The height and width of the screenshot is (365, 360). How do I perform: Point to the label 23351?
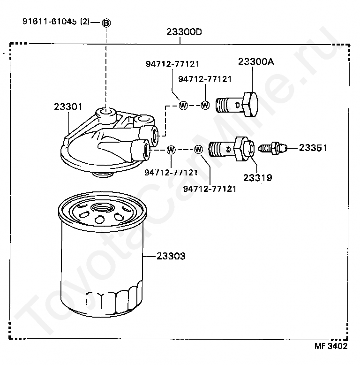point(313,148)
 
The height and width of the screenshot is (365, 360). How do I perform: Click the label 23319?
point(257,178)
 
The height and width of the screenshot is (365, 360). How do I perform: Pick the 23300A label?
point(255,62)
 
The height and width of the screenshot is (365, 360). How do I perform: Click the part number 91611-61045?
point(50,22)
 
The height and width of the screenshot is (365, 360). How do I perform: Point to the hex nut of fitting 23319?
point(243,148)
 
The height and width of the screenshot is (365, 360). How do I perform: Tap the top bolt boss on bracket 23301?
point(105,113)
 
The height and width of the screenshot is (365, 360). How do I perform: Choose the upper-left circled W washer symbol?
point(183,106)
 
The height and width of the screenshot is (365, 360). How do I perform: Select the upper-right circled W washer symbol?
point(205,105)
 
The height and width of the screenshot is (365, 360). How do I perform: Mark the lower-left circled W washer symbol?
point(171,150)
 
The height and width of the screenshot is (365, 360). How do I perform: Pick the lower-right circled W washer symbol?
point(198,150)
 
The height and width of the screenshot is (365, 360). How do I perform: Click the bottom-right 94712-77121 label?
point(210,189)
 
